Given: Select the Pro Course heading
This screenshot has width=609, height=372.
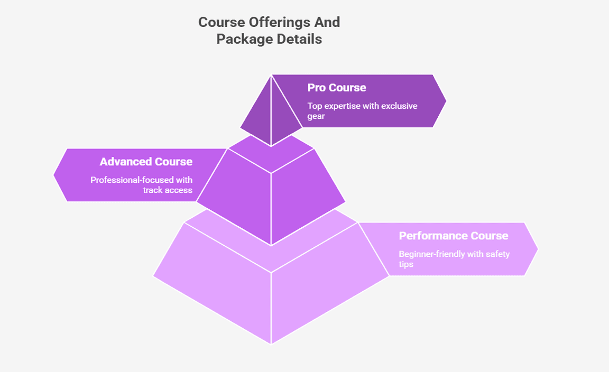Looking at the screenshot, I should (x=337, y=87).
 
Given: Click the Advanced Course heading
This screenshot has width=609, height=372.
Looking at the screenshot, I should (x=146, y=161).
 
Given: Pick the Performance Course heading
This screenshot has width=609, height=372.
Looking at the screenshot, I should (x=454, y=236).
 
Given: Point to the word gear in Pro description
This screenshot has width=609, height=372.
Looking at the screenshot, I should (x=316, y=116).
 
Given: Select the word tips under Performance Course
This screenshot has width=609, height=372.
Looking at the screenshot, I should (x=406, y=264).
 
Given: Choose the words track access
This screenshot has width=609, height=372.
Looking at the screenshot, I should (x=168, y=190).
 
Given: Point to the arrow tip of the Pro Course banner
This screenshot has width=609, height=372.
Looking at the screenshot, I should (x=444, y=101).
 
